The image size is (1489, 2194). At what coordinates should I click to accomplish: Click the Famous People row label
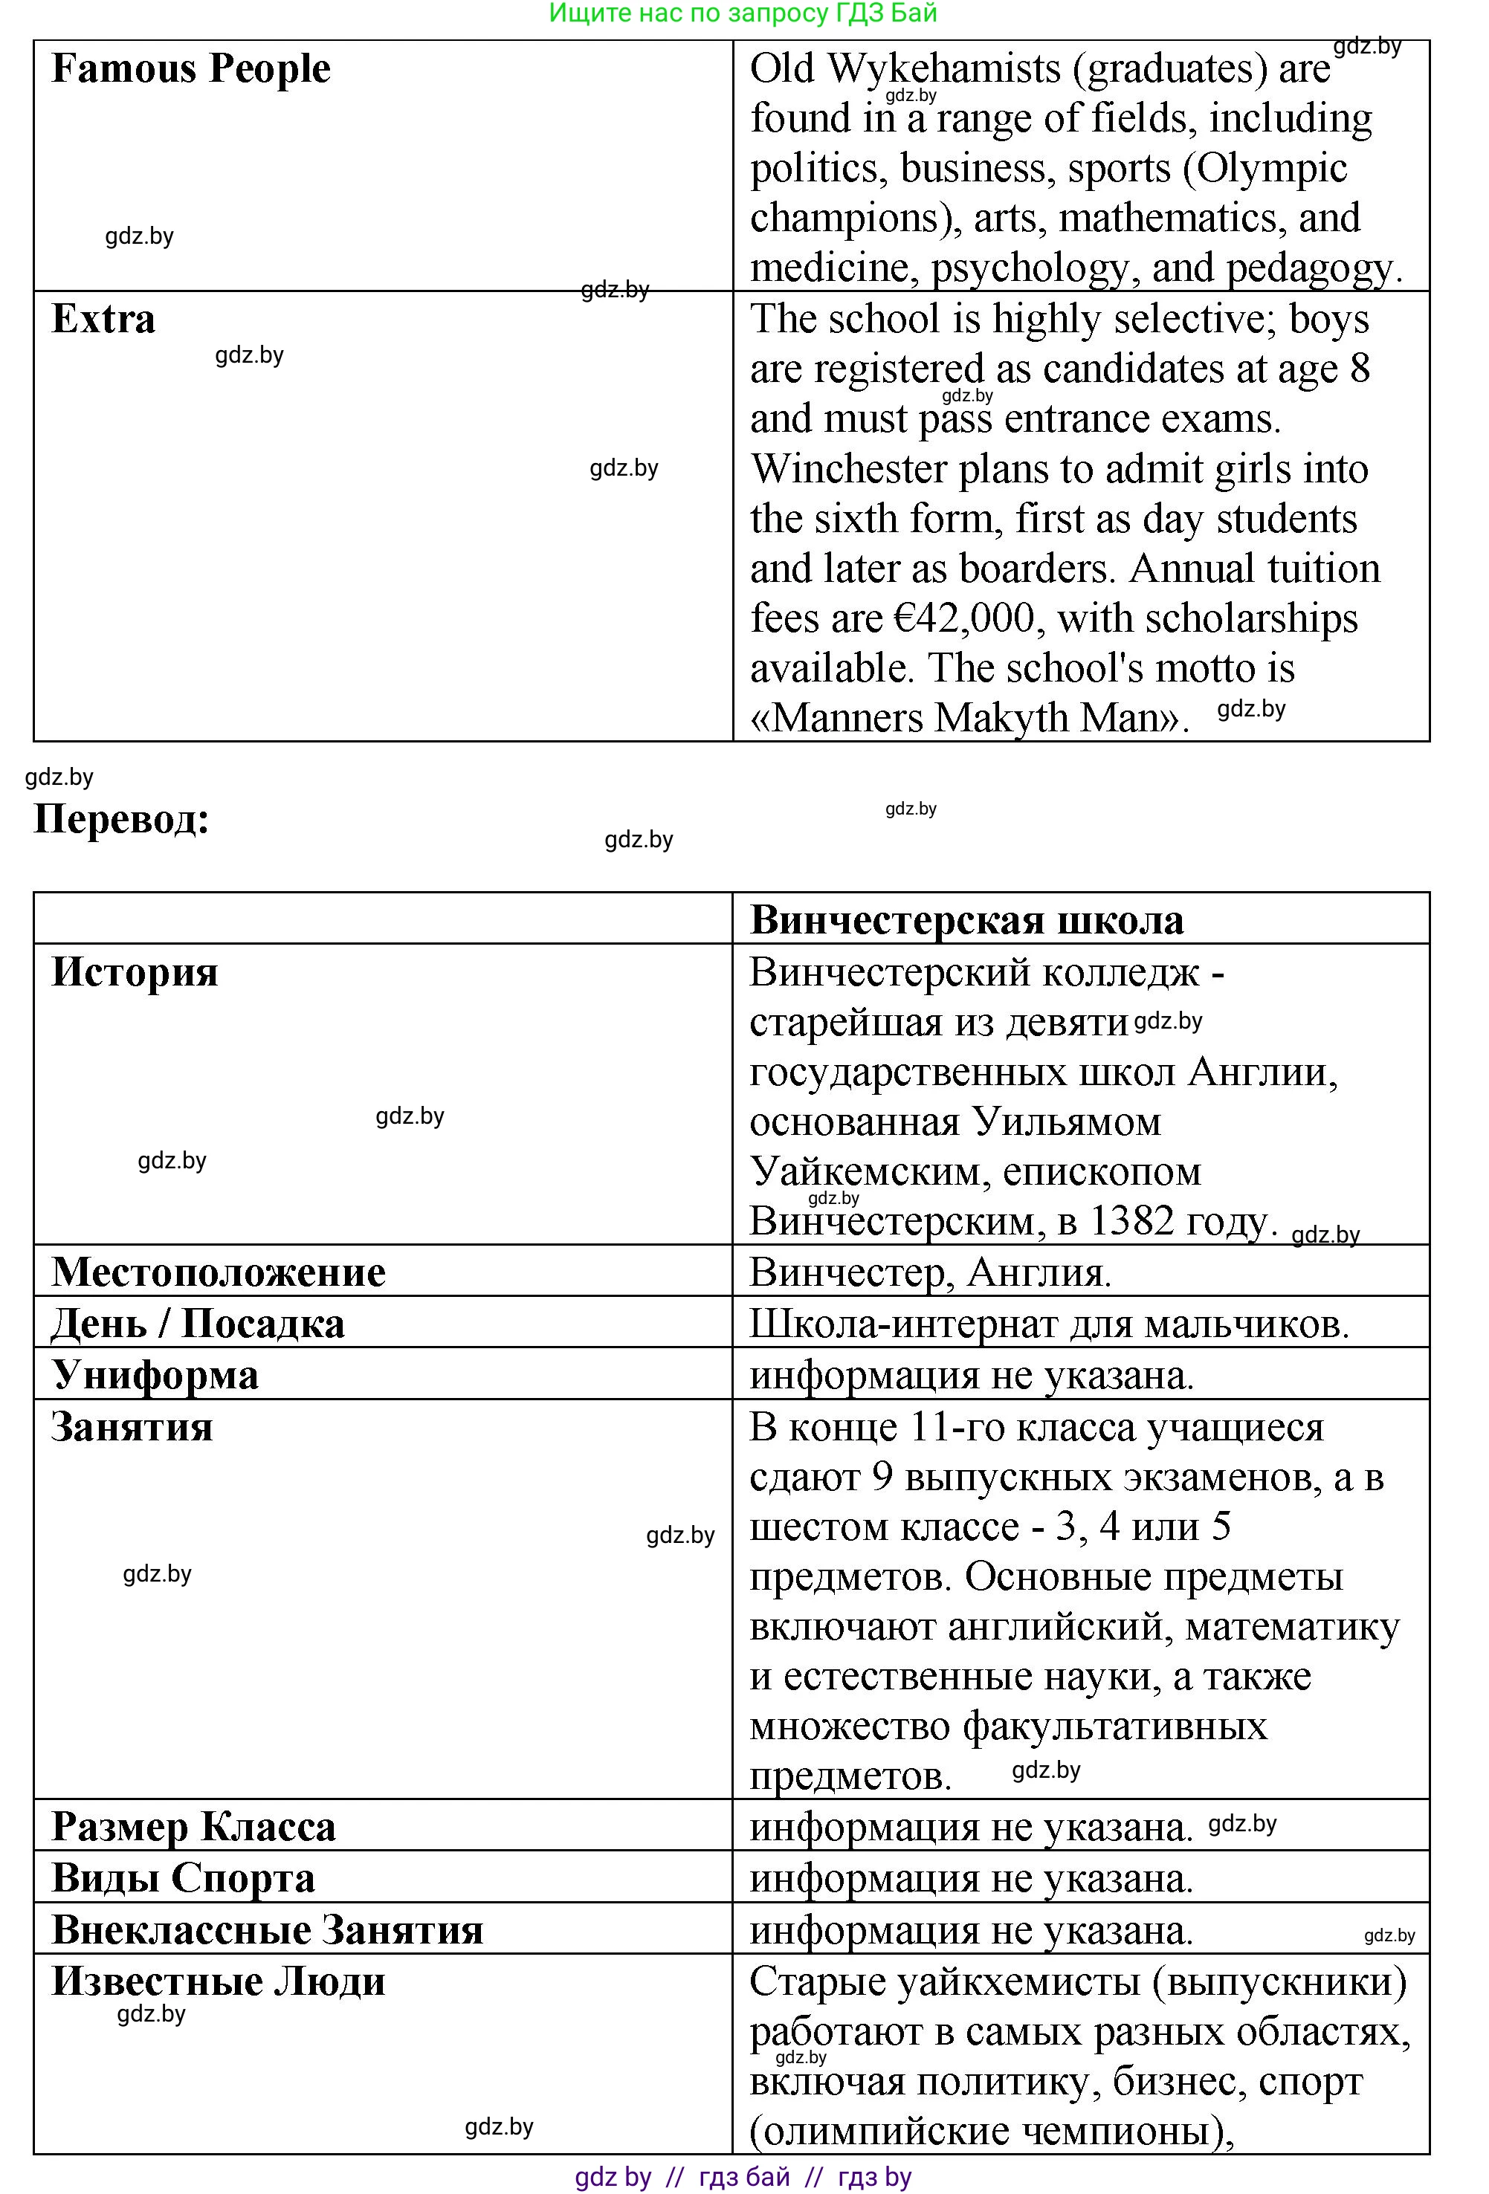pyautogui.click(x=191, y=69)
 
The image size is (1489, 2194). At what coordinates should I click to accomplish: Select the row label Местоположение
pyautogui.click(x=218, y=1272)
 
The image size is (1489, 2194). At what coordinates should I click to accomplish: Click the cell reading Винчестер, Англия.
pyautogui.click(x=930, y=1272)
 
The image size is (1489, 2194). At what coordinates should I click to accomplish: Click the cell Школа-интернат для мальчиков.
pyautogui.click(x=1048, y=1324)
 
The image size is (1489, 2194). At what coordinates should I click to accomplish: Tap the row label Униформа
pyautogui.click(x=154, y=1374)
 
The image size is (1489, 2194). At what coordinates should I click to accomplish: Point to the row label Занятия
pyautogui.click(x=132, y=1426)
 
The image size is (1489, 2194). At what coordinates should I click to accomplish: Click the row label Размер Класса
pyautogui.click(x=193, y=1826)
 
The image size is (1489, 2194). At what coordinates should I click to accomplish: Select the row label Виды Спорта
pyautogui.click(x=183, y=1877)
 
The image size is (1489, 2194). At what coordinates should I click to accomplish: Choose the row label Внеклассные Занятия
pyautogui.click(x=267, y=1929)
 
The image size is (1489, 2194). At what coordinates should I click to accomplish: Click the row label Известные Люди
pyautogui.click(x=218, y=1981)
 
